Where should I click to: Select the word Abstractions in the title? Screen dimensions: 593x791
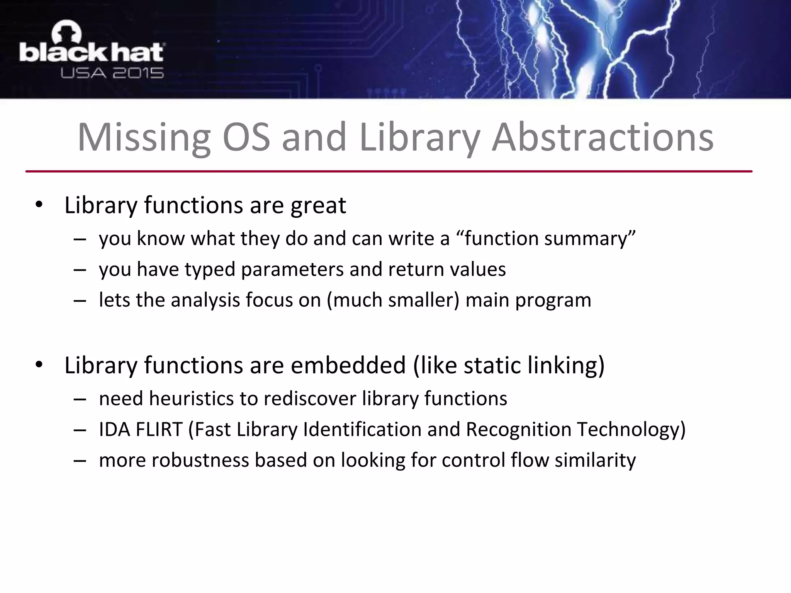point(603,138)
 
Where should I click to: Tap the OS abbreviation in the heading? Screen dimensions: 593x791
point(246,138)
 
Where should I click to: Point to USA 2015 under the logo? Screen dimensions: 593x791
point(112,73)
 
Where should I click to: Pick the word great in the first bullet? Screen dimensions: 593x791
point(318,205)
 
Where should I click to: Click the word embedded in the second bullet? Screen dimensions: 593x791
point(348,365)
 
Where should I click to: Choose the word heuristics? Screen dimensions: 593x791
point(191,398)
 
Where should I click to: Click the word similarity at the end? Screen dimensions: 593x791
point(595,460)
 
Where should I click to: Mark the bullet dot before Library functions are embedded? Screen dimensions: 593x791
point(39,365)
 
